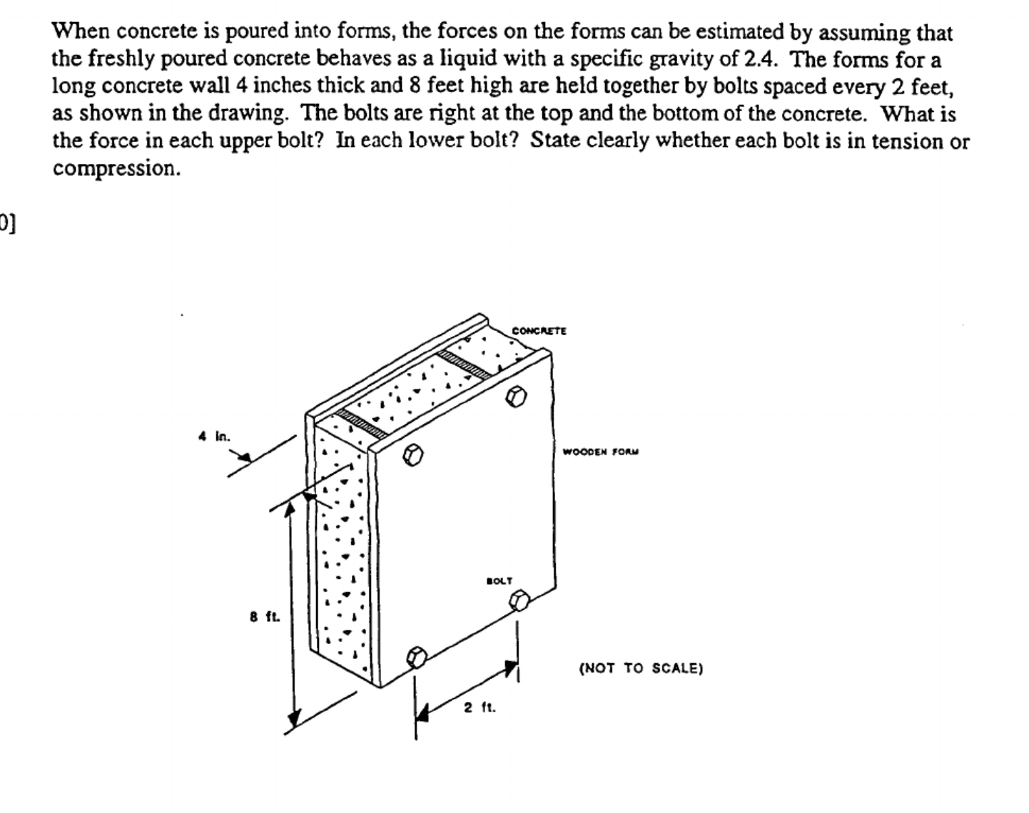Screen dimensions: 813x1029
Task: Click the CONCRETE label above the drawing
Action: [539, 331]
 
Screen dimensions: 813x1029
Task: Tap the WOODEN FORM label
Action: [601, 451]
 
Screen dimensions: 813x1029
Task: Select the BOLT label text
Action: [500, 581]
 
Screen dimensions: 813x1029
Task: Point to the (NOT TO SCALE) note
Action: [641, 668]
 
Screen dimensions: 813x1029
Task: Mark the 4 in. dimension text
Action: [214, 436]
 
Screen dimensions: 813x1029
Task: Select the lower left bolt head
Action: [417, 655]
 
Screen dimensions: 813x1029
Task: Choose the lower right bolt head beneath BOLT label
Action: [519, 600]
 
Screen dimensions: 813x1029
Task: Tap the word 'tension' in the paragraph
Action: [905, 141]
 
